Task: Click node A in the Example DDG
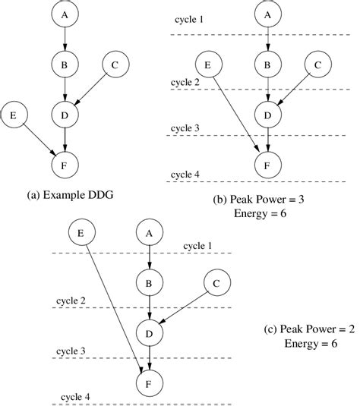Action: coord(65,15)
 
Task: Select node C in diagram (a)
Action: coord(115,66)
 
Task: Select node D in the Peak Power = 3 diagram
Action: coord(266,115)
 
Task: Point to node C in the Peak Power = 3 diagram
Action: coord(317,65)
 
